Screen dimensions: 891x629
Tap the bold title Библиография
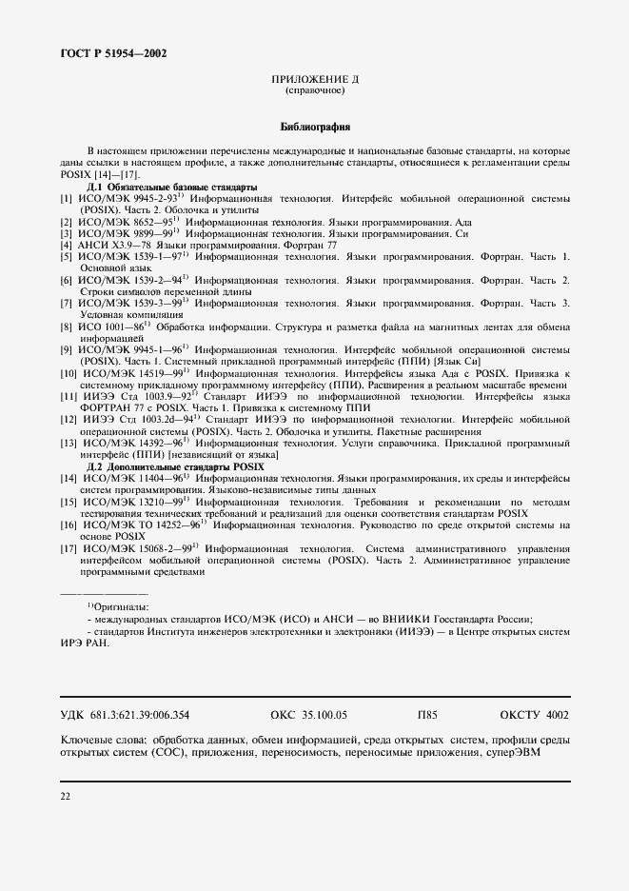click(x=314, y=125)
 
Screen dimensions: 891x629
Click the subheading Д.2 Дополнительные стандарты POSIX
click(x=176, y=467)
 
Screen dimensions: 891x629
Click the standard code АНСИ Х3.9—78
click(x=110, y=245)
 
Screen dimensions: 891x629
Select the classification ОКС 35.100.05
click(x=309, y=714)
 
